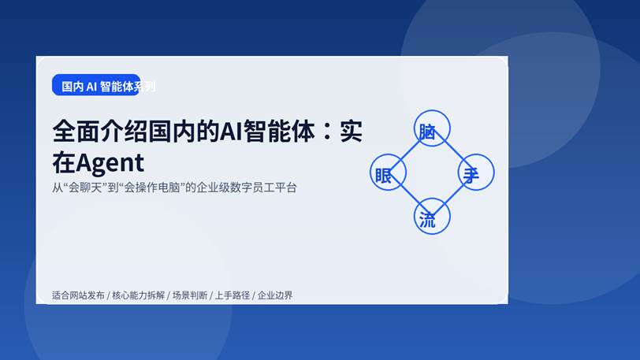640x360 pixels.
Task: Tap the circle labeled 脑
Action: (432, 129)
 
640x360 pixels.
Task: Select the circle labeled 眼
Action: (388, 173)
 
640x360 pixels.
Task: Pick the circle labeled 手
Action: (475, 173)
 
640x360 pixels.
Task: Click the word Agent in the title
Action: (110, 162)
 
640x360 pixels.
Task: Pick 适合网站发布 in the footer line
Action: (77, 295)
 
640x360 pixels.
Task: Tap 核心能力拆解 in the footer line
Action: (139, 295)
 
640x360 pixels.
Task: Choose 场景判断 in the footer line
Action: (190, 295)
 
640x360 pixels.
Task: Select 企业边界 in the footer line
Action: (275, 295)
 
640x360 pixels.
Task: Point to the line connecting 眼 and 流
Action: (410, 195)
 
